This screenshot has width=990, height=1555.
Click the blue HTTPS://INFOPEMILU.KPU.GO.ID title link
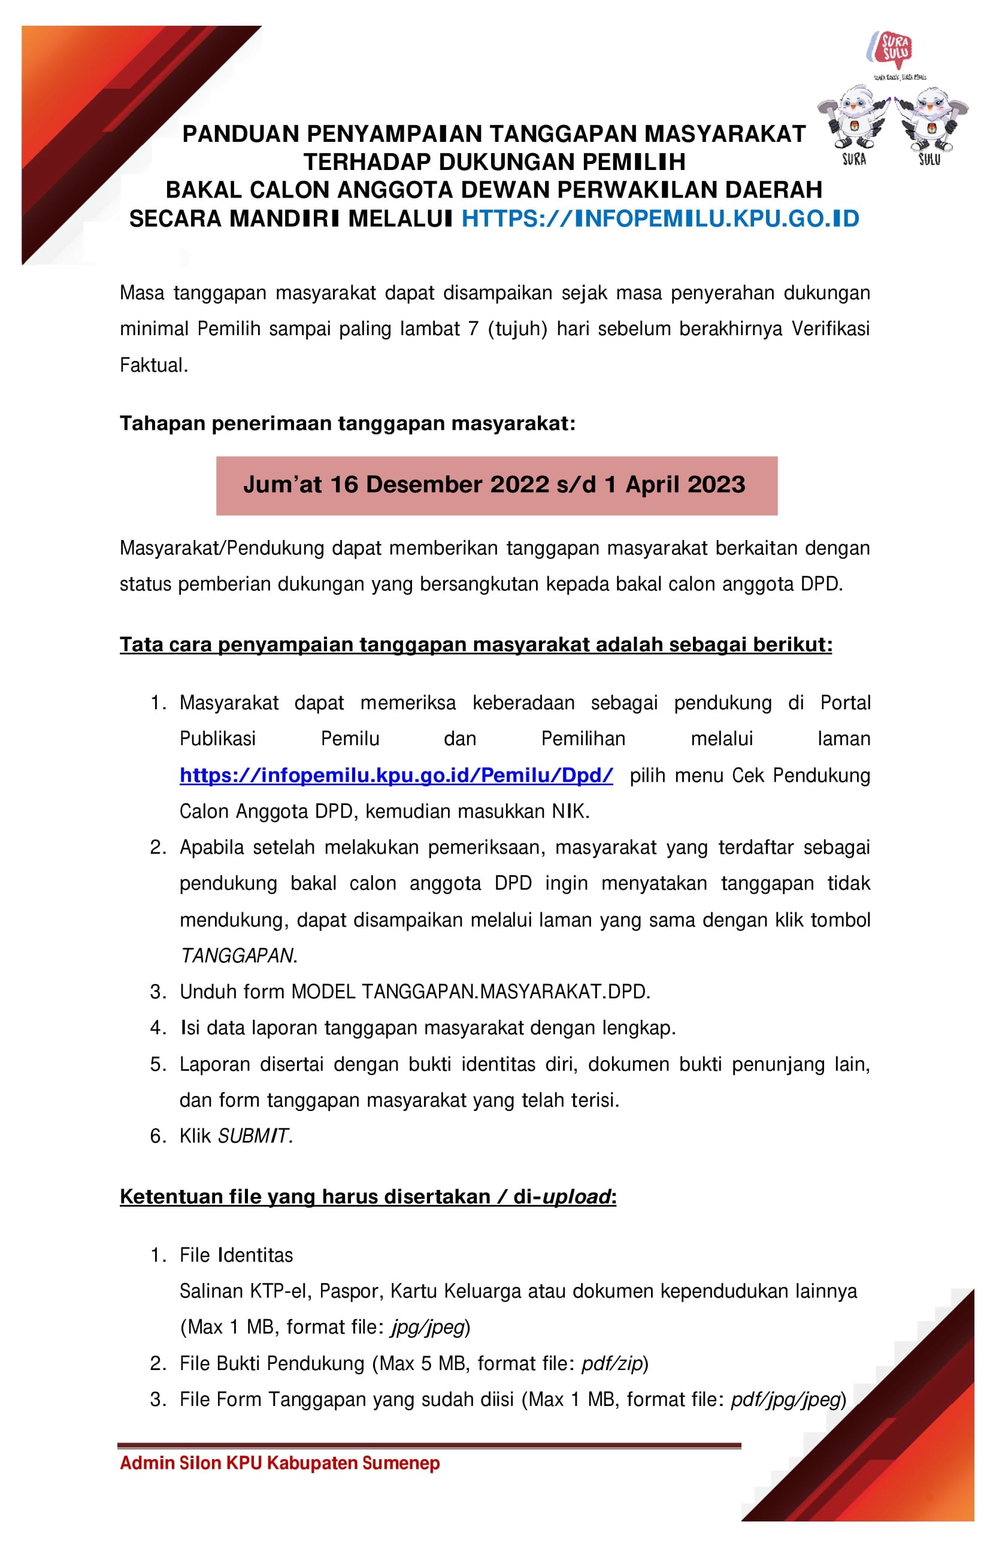660,219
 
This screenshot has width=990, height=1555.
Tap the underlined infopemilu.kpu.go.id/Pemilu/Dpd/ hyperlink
395,775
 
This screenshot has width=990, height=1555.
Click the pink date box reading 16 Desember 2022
496,485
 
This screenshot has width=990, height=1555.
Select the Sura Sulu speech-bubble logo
895,49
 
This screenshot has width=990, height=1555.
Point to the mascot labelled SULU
931,120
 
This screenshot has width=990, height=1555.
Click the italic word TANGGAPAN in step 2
237,955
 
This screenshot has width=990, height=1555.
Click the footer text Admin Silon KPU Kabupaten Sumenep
280,1463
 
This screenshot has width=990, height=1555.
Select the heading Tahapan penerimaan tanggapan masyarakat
347,424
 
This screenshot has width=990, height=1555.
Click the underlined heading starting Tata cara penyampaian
476,645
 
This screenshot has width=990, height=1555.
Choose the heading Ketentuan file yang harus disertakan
368,1196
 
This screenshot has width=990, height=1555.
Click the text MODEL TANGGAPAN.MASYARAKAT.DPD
470,991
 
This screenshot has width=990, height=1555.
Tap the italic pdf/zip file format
612,1363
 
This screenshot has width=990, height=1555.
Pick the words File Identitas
236,1255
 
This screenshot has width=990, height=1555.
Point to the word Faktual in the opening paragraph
153,366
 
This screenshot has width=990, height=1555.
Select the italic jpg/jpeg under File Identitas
428,1327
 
